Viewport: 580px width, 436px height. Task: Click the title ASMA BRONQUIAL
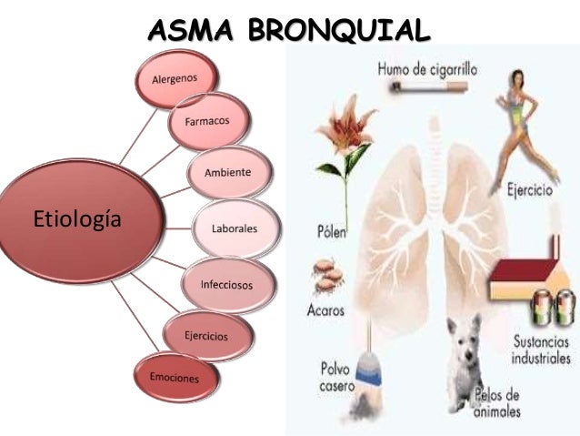coord(289,31)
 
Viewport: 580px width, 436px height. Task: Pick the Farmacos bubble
coord(206,121)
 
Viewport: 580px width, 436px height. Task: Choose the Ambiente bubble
coord(229,173)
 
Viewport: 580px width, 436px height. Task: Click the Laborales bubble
coord(234,228)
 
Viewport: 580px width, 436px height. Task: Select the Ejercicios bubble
coord(205,336)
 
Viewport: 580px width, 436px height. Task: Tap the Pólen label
coord(332,232)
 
